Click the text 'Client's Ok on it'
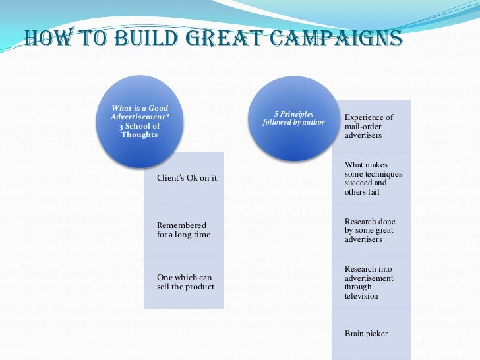click(187, 178)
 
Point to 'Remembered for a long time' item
click(183, 230)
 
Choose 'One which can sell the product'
click(185, 282)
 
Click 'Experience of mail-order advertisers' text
click(369, 126)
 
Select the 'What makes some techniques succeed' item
click(373, 178)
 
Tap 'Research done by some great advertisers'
click(369, 230)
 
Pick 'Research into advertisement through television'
click(369, 282)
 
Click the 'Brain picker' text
click(366, 334)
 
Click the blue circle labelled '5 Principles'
click(293, 119)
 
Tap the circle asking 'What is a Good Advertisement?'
click(140, 119)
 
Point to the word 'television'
click(361, 296)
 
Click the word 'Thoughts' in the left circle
click(140, 135)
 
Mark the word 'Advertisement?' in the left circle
click(140, 117)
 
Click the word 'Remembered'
click(181, 225)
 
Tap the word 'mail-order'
click(363, 126)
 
